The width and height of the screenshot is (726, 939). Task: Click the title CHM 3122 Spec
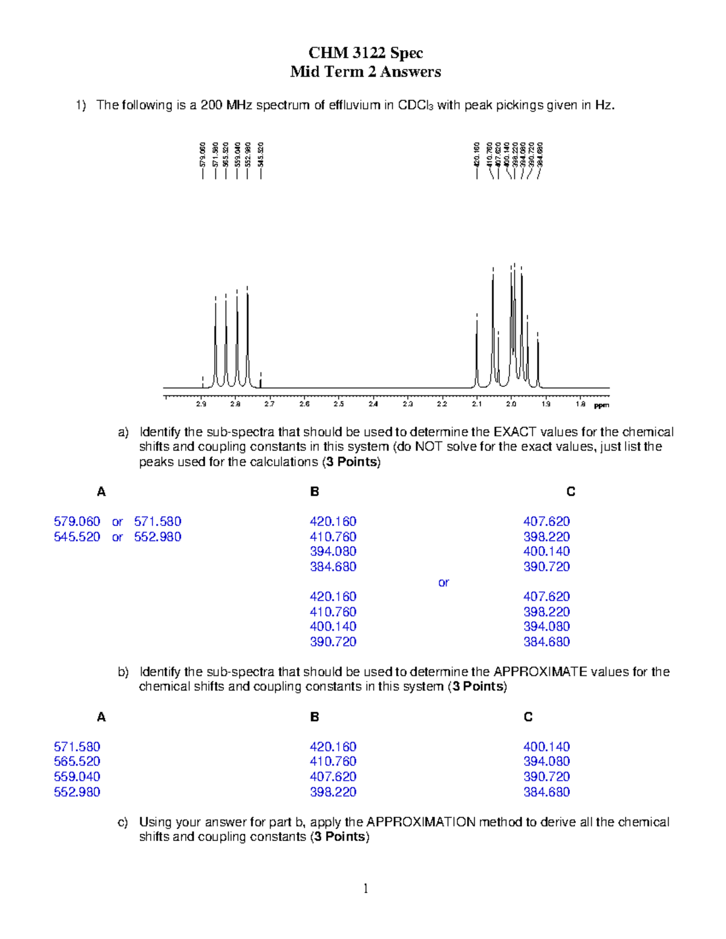coord(365,53)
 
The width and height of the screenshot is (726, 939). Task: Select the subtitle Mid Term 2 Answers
coord(365,72)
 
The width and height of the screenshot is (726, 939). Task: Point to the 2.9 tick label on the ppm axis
coord(201,405)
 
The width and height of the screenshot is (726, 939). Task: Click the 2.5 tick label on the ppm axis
coord(339,405)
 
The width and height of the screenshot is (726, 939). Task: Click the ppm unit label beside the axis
coord(601,405)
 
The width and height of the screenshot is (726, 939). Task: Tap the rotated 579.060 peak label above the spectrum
coord(203,155)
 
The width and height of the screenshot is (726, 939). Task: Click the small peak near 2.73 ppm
coord(260,381)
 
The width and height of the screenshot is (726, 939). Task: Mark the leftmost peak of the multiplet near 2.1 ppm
coord(477,351)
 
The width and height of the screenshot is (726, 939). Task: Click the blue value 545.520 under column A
coord(77,537)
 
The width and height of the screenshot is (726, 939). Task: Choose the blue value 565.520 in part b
coord(77,762)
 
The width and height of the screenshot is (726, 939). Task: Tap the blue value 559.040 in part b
coord(77,777)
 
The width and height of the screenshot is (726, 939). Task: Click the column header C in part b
coord(528,717)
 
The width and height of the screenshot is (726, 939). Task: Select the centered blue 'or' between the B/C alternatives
coord(443,582)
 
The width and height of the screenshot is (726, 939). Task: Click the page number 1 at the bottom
coord(365,888)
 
